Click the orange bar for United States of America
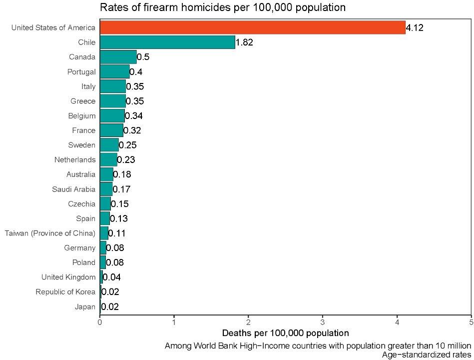(x=252, y=27)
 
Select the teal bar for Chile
(x=167, y=42)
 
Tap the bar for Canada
(x=118, y=57)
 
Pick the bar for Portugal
(x=114, y=71)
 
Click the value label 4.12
(x=415, y=28)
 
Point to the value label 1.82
(x=244, y=42)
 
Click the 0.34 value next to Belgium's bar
(x=133, y=116)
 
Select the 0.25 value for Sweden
(x=127, y=145)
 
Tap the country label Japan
(x=85, y=307)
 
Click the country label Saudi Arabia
(x=73, y=189)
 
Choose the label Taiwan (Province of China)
(x=50, y=233)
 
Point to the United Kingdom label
(x=68, y=277)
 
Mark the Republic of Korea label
(x=65, y=292)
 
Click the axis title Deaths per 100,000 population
(x=285, y=333)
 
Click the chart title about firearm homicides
(x=223, y=7)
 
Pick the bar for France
(x=111, y=130)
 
